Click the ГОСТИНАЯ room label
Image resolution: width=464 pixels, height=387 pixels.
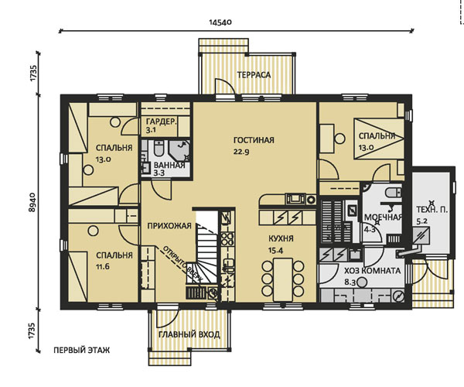pyautogui.click(x=254, y=140)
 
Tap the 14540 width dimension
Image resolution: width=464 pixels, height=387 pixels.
pyautogui.click(x=220, y=22)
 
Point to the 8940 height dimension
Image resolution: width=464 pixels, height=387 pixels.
pyautogui.click(x=32, y=202)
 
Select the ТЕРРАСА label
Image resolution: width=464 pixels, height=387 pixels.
pyautogui.click(x=254, y=75)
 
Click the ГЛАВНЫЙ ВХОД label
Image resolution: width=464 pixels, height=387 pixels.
pyautogui.click(x=189, y=334)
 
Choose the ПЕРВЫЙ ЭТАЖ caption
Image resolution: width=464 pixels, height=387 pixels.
pyautogui.click(x=82, y=351)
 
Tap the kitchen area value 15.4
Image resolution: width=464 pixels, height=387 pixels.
pyautogui.click(x=276, y=251)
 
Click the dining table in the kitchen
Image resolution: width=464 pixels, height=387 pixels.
pyautogui.click(x=283, y=279)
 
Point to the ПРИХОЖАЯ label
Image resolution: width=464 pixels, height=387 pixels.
pyautogui.click(x=169, y=226)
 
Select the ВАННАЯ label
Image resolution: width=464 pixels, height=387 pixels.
pyautogui.click(x=169, y=165)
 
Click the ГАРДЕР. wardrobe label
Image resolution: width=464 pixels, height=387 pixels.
pyautogui.click(x=162, y=122)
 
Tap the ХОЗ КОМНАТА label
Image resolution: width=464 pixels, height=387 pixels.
pyautogui.click(x=372, y=271)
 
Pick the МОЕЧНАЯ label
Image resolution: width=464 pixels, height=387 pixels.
pyautogui.click(x=383, y=217)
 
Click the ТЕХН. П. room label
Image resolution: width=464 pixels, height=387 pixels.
pyautogui.click(x=432, y=210)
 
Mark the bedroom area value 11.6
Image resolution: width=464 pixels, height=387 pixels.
pyautogui.click(x=102, y=267)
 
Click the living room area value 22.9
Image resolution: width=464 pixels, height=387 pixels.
pyautogui.click(x=241, y=152)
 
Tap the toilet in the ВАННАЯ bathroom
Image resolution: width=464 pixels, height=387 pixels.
pyautogui.click(x=159, y=149)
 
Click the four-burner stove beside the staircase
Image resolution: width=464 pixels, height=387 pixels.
pyautogui.click(x=227, y=238)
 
